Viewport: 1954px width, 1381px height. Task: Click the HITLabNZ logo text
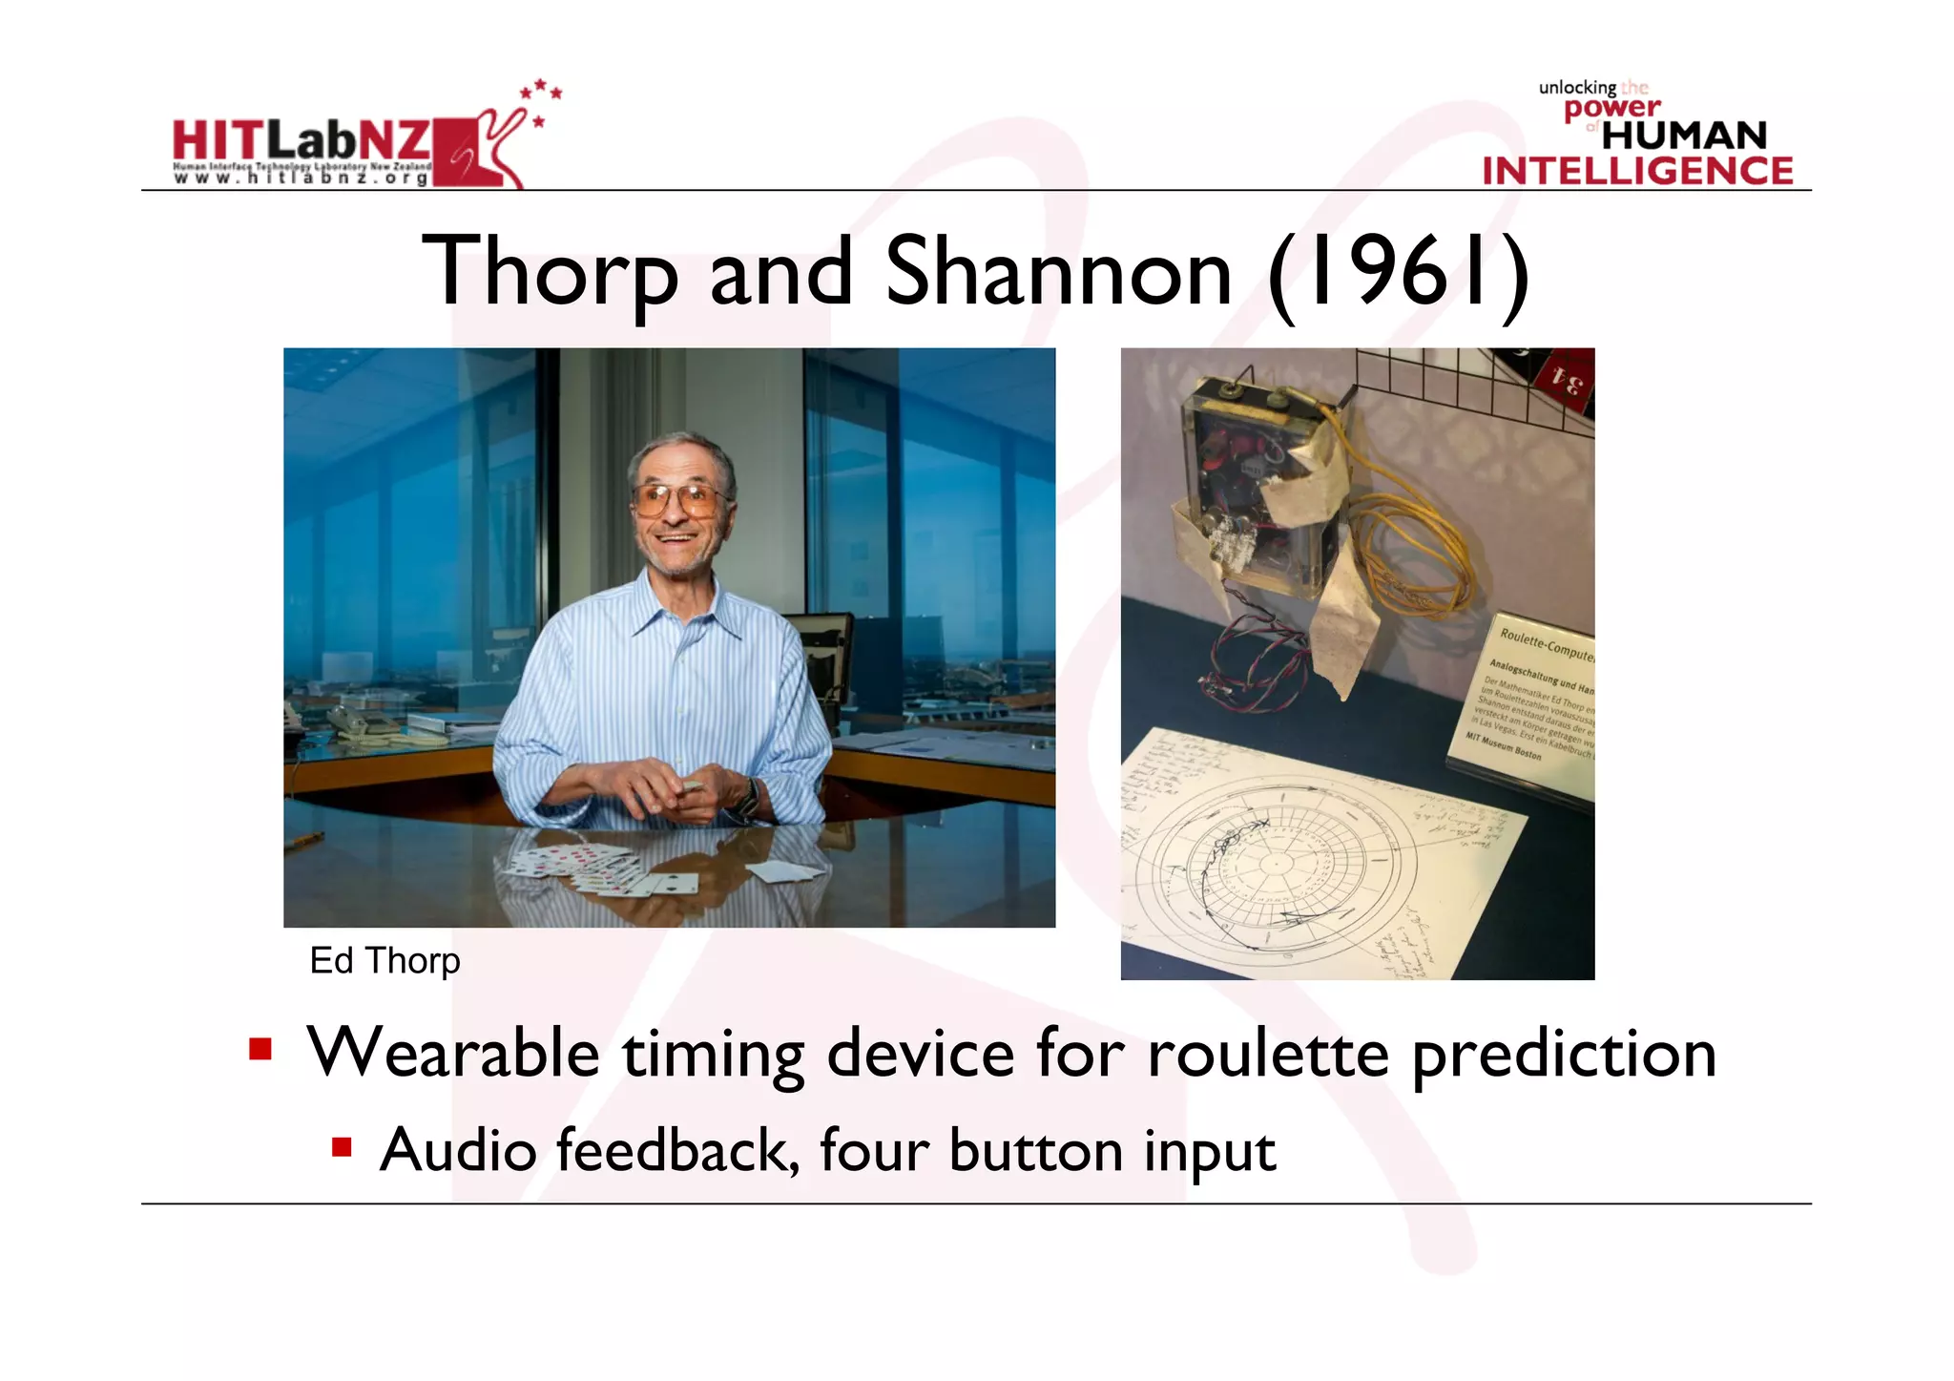301,141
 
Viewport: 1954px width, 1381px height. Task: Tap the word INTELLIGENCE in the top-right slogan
1637,171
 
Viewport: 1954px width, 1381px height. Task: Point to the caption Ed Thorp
385,960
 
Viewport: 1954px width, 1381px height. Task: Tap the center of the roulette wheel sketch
1274,865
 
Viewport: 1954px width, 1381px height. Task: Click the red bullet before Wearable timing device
260,1050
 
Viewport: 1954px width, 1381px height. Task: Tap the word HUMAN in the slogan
1684,136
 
